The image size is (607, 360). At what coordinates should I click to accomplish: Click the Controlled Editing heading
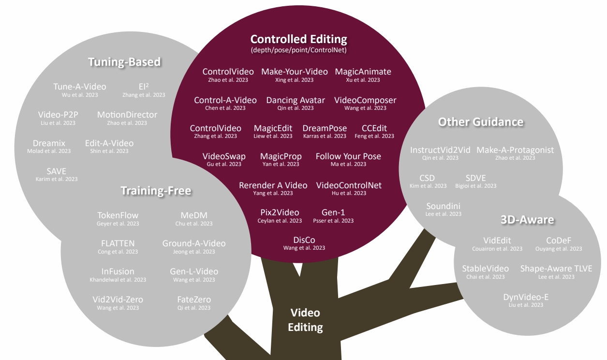pos(298,39)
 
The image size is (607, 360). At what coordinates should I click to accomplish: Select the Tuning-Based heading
pos(124,62)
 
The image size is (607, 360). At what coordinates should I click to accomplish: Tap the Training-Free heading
pos(156,191)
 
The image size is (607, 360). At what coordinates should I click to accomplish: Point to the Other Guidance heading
pos(481,121)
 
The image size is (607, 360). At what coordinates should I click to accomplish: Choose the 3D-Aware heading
pos(527,220)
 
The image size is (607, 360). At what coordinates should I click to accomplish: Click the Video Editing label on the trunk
pos(305,320)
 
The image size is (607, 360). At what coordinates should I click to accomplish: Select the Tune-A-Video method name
pos(80,87)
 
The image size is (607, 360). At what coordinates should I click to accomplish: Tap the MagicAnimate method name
pos(363,72)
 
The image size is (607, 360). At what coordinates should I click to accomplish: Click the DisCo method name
pos(304,240)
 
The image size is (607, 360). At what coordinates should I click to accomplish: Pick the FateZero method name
pos(194,300)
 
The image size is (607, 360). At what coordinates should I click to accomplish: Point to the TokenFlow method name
pos(118,215)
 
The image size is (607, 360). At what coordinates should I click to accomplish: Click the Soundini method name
pos(444,206)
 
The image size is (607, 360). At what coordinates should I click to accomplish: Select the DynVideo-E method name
pos(526,297)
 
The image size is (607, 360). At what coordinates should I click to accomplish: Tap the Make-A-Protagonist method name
pos(515,150)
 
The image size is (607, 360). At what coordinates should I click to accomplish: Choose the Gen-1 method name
pos(333,212)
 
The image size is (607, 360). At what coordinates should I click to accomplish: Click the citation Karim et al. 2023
pos(57,179)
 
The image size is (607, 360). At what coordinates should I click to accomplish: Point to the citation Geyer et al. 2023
pos(118,224)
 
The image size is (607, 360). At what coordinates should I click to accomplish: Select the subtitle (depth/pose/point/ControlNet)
pos(298,50)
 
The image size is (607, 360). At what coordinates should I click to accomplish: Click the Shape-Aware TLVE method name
pos(556,269)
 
